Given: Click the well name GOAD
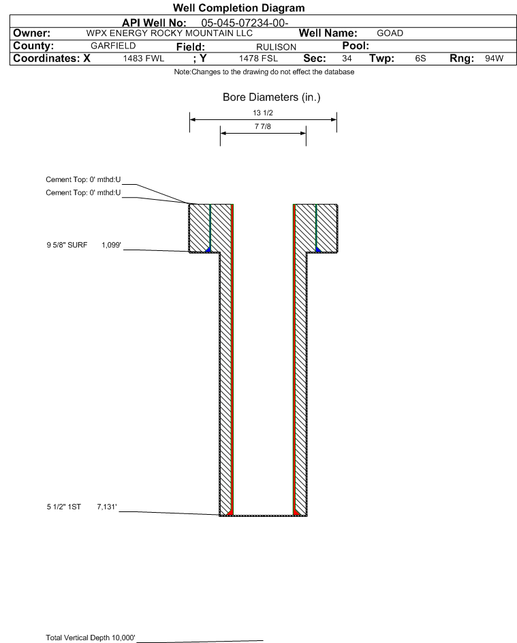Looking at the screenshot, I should coord(390,33).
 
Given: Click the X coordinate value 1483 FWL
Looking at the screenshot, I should coord(144,59).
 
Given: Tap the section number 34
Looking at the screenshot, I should coord(347,59).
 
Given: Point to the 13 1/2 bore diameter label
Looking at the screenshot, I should coord(262,113).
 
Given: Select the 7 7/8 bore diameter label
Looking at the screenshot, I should coord(262,126).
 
